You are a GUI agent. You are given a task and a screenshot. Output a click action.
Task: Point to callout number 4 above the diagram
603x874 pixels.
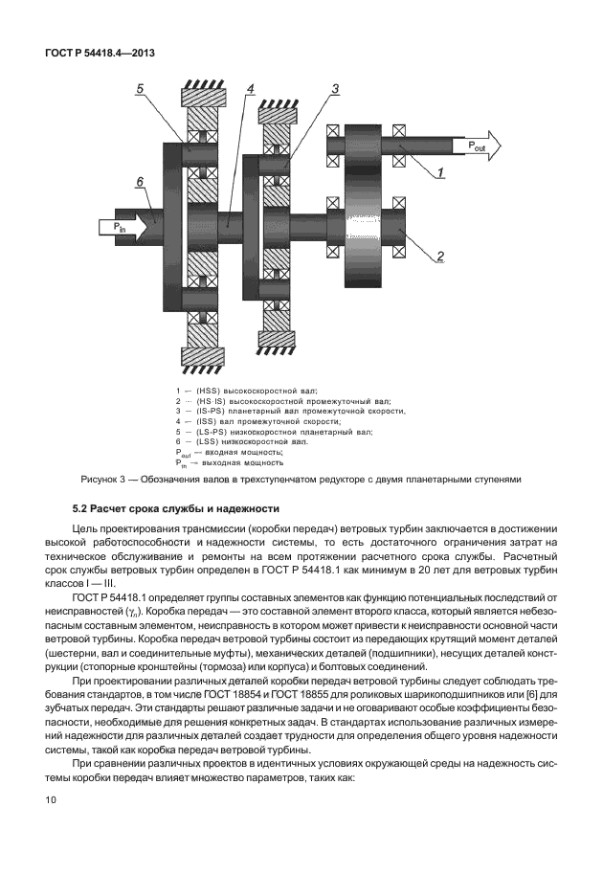click(x=250, y=89)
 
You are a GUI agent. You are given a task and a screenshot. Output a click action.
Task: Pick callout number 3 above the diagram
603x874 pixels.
click(x=335, y=88)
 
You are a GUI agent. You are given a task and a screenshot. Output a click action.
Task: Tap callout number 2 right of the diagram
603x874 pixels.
click(x=439, y=256)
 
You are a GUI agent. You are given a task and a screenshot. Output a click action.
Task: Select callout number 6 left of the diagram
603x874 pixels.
click(x=140, y=181)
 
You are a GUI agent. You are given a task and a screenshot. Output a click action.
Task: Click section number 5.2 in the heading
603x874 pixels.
click(x=82, y=506)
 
